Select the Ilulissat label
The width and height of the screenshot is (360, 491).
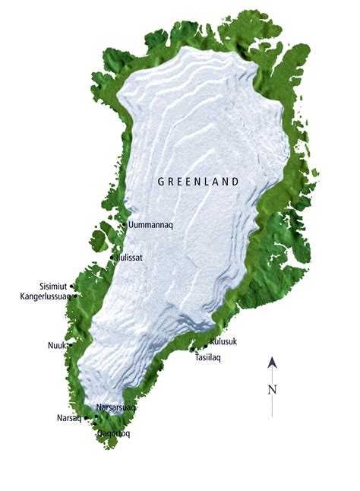(x=131, y=258)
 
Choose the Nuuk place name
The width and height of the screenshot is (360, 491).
(x=56, y=346)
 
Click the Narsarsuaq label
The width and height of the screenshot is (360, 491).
(x=115, y=407)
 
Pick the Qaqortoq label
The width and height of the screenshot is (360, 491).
(x=114, y=433)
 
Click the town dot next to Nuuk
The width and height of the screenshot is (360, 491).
(x=70, y=346)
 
